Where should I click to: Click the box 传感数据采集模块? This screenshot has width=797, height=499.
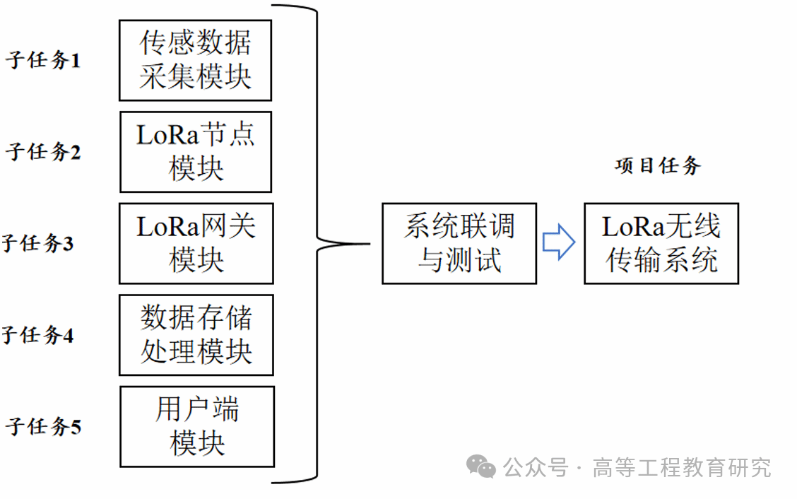click(195, 60)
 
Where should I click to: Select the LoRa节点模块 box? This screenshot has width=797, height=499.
click(196, 151)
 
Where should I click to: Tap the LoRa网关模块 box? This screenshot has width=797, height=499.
click(196, 243)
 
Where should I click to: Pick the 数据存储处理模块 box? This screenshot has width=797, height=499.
click(196, 335)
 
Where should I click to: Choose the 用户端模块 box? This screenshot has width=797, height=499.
click(197, 426)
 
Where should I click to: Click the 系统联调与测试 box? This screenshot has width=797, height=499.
click(459, 244)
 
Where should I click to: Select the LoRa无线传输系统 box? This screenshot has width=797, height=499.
click(661, 244)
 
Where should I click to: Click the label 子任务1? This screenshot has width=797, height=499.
click(43, 61)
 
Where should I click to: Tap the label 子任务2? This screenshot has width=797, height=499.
click(43, 152)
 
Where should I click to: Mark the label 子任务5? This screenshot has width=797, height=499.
click(43, 427)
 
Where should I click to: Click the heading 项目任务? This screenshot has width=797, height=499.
click(658, 166)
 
